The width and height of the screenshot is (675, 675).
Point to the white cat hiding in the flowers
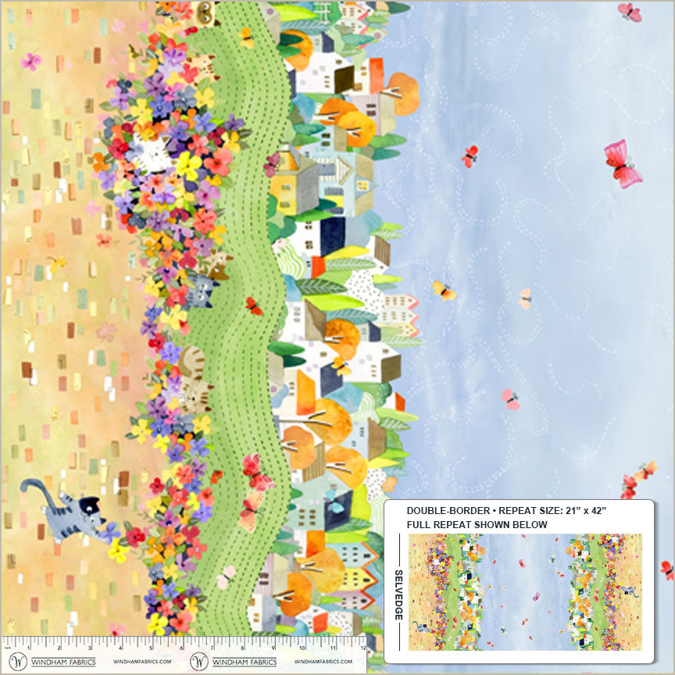(150, 153)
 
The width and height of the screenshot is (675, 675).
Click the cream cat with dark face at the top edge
(205, 12)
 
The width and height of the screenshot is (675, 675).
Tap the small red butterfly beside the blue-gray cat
(253, 305)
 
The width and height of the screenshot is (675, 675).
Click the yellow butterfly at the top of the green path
(247, 36)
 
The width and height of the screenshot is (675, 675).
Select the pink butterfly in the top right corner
(629, 12)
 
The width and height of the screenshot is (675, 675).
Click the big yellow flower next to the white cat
(187, 165)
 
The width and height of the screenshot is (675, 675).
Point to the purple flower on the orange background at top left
(30, 61)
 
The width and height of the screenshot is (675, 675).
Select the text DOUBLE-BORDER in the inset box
(441, 509)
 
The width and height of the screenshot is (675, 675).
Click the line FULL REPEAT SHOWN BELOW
(477, 523)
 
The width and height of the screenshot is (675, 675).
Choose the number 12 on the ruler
(362, 646)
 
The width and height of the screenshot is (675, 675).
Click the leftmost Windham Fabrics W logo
(16, 662)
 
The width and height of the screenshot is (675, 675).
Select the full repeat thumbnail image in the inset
(525, 591)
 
